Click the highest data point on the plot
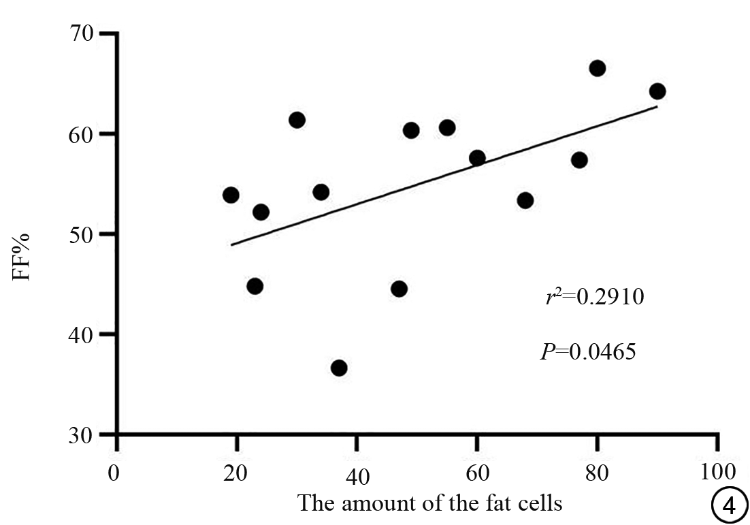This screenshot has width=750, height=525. pos(598,68)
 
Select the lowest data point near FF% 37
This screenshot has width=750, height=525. pos(339,368)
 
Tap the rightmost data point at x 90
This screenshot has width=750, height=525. pos(657,91)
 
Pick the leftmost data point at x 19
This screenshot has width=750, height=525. pos(231,195)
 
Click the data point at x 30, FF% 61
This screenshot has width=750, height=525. pos(297,121)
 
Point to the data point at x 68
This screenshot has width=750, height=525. pos(525,200)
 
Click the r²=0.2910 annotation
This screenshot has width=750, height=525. pos(594,298)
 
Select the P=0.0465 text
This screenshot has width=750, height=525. pos(588,353)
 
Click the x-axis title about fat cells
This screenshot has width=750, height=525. pos(430,505)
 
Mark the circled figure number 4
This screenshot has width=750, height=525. pos(724,506)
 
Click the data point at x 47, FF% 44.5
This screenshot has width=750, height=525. pos(399,289)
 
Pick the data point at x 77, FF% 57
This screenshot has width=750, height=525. pos(579,160)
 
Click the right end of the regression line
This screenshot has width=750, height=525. pos(657,107)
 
